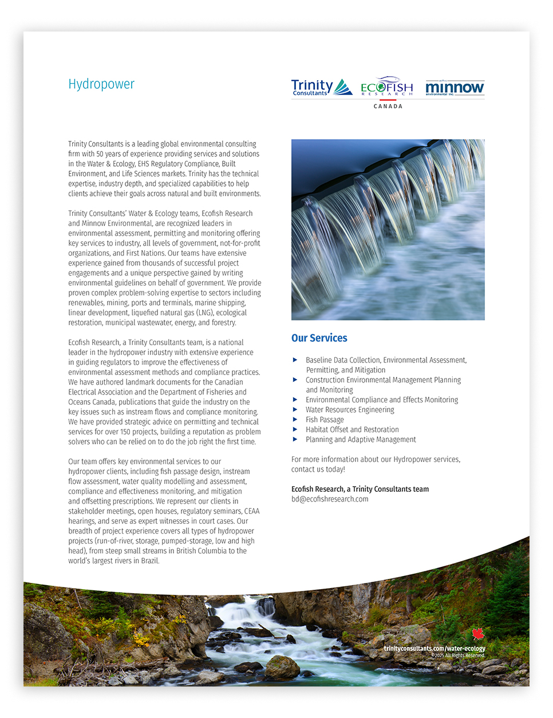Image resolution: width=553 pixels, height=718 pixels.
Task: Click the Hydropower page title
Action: click(x=101, y=84)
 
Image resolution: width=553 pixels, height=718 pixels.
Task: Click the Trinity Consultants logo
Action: click(x=321, y=88)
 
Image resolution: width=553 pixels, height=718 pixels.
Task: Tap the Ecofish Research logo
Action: click(x=387, y=86)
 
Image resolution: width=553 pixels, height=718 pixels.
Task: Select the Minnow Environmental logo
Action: click(x=455, y=88)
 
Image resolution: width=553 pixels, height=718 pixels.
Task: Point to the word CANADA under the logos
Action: click(x=388, y=106)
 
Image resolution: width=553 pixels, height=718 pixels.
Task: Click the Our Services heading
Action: click(x=319, y=338)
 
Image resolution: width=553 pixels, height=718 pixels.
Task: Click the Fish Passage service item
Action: click(x=325, y=420)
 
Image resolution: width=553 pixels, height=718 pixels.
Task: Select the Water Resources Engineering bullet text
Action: click(x=350, y=409)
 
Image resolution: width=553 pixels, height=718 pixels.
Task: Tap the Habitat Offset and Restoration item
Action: click(x=352, y=429)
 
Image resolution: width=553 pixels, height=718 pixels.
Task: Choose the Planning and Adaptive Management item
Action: click(x=361, y=439)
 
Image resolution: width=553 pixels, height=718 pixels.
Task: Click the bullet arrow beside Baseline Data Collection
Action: click(x=295, y=360)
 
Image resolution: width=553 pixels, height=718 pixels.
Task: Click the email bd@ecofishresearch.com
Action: click(x=330, y=499)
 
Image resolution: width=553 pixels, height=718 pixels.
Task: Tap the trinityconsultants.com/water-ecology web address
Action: click(x=434, y=648)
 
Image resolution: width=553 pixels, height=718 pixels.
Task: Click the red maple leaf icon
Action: click(x=479, y=634)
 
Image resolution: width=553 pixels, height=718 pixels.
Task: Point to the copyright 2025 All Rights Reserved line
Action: click(x=458, y=656)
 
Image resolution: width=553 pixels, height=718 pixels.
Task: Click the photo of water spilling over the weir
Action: click(x=388, y=229)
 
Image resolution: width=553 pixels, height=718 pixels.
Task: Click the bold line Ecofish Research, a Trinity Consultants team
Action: click(x=360, y=489)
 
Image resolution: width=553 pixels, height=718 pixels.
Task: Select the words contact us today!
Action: click(x=318, y=470)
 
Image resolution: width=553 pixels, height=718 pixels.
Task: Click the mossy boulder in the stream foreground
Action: click(x=282, y=667)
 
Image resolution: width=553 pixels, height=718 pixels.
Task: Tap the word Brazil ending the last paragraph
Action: click(x=150, y=561)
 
